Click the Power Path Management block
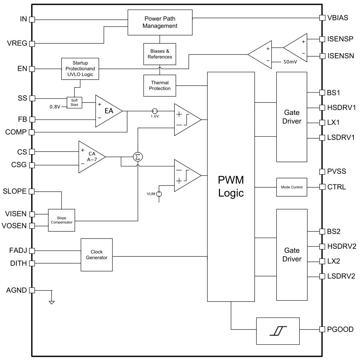(160, 22)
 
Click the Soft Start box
(75, 102)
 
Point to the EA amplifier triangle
(108, 111)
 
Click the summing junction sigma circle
(137, 157)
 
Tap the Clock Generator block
(96, 255)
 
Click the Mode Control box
(292, 187)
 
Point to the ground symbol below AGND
(52, 301)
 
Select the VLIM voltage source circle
(159, 194)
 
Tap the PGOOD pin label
(340, 329)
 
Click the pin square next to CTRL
(322, 187)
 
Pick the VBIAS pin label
(338, 17)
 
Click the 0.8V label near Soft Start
(56, 107)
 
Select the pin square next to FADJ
(32, 251)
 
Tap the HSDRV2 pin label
(341, 247)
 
